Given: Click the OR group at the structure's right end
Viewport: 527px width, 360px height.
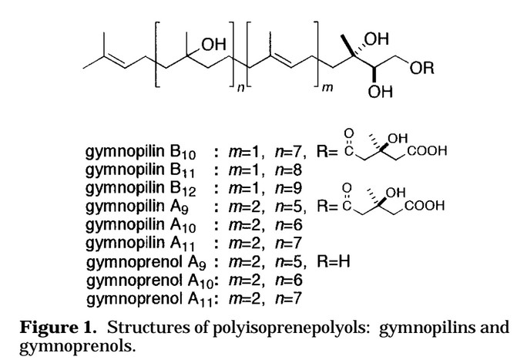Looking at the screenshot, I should [421, 68].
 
